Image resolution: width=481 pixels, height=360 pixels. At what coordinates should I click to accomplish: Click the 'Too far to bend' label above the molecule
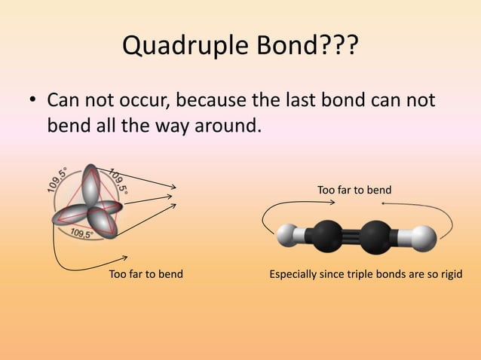pyautogui.click(x=354, y=190)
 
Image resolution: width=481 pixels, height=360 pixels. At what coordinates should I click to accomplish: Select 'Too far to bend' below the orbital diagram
pyautogui.click(x=146, y=273)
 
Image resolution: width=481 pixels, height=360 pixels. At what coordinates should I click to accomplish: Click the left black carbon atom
pyautogui.click(x=327, y=236)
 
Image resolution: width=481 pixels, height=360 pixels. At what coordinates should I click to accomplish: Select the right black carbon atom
pyautogui.click(x=379, y=236)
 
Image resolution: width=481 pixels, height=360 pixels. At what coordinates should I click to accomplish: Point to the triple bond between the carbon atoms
pyautogui.click(x=354, y=236)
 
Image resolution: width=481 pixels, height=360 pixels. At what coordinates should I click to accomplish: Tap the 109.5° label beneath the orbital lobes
pyautogui.click(x=81, y=234)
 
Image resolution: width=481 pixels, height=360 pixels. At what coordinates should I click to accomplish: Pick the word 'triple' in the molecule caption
pyautogui.click(x=379, y=273)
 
